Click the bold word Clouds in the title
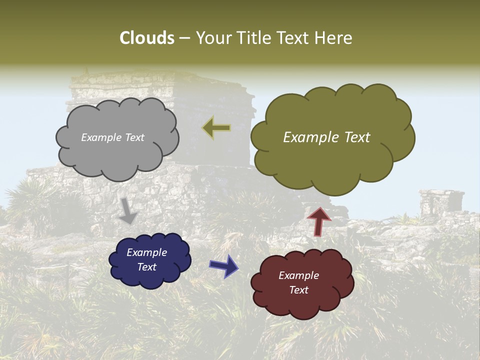[x=147, y=38]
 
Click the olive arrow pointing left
[x=216, y=128]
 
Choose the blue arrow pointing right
[x=224, y=265]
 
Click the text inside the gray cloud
[x=112, y=137]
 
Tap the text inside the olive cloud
[x=326, y=137]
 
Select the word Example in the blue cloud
[x=146, y=252]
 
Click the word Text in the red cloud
[x=298, y=290]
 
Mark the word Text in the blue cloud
[x=146, y=267]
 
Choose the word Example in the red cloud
[x=298, y=275]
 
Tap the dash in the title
[x=184, y=38]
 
